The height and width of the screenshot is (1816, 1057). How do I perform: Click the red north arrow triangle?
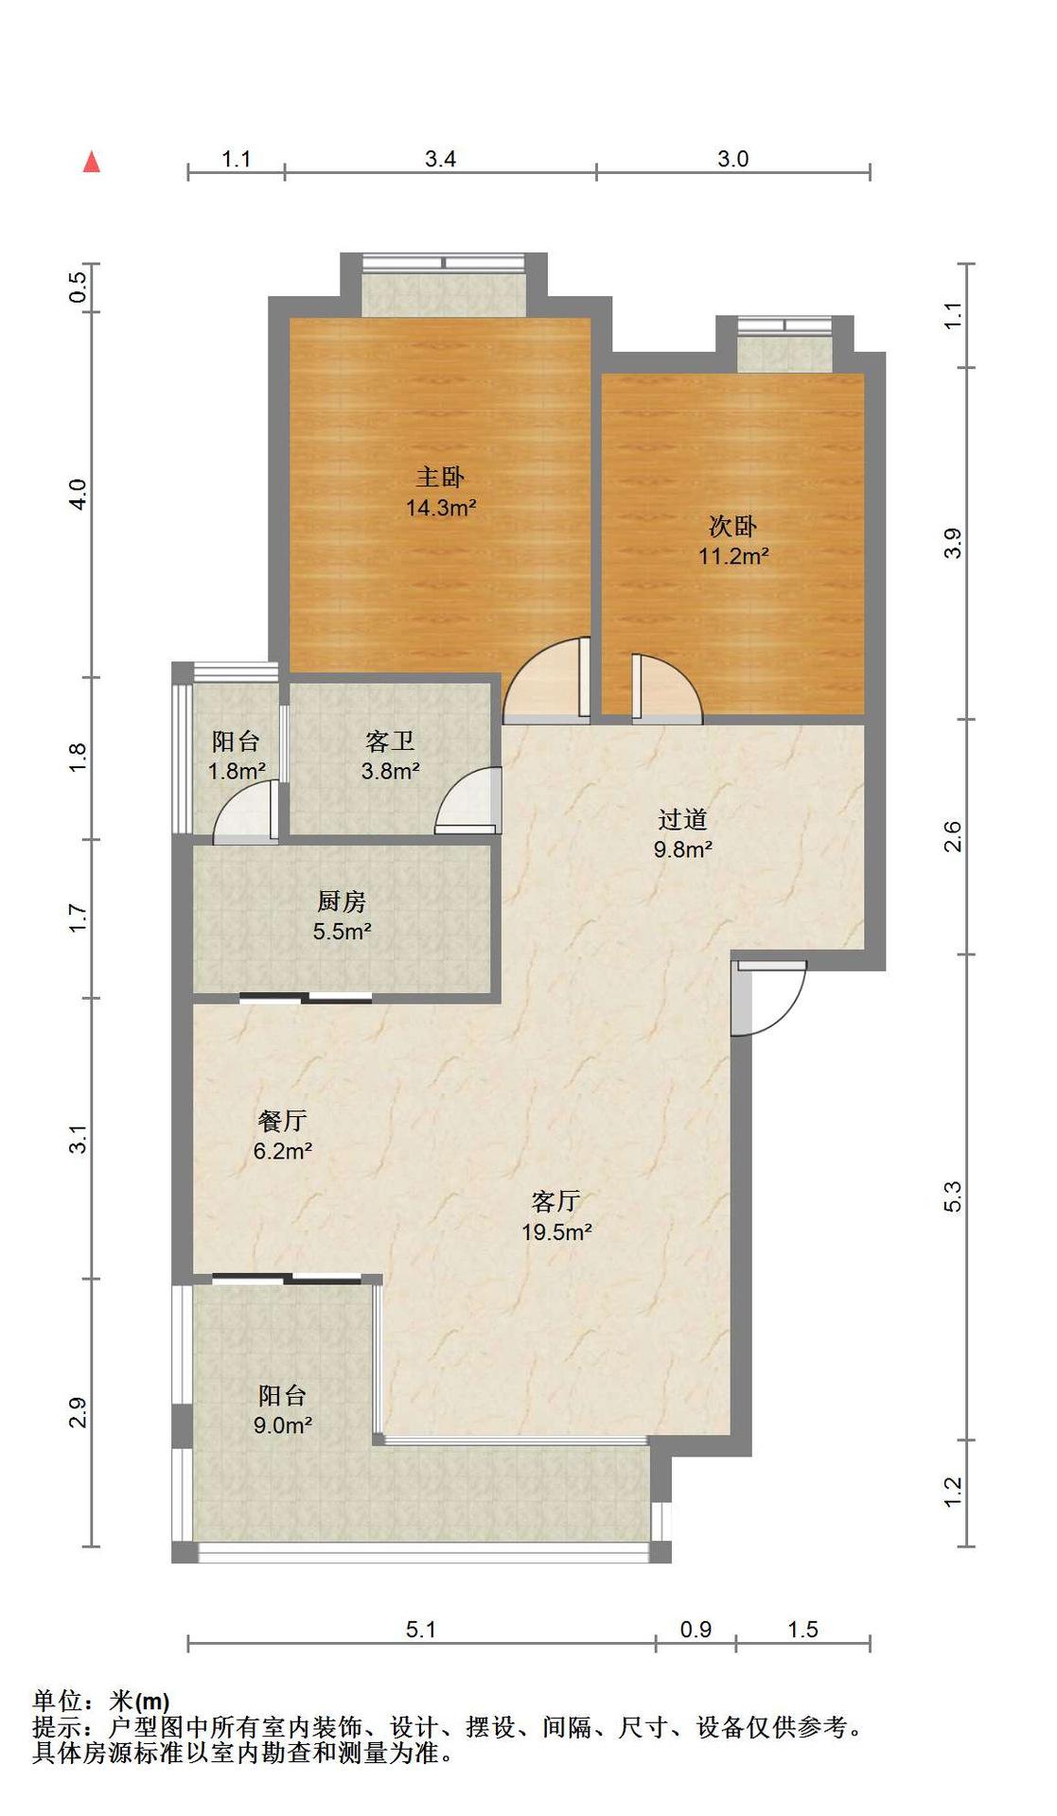click(x=92, y=162)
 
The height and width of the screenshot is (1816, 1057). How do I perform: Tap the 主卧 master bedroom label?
click(x=440, y=477)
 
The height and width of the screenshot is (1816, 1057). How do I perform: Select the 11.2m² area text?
click(x=733, y=556)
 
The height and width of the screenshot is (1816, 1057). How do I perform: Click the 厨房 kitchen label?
click(x=342, y=901)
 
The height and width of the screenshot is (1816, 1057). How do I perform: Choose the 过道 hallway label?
click(x=682, y=819)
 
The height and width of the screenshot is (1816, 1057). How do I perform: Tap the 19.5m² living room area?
click(x=556, y=1232)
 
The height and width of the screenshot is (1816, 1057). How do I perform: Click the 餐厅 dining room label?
click(x=282, y=1121)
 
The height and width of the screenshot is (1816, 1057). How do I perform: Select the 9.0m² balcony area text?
click(x=283, y=1425)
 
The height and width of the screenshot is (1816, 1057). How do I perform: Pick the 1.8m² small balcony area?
click(x=237, y=771)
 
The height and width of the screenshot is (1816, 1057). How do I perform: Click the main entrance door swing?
click(x=768, y=998)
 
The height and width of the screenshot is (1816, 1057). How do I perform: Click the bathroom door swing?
click(x=468, y=800)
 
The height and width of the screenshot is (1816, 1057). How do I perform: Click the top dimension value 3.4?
click(x=440, y=159)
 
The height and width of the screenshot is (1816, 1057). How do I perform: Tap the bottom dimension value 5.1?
click(x=421, y=1630)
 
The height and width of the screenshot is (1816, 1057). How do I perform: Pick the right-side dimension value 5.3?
click(x=953, y=1196)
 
